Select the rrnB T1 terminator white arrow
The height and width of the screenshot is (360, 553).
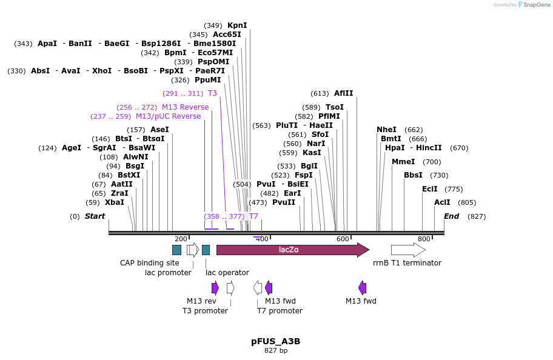tap(407, 250)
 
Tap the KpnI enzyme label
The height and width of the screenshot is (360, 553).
tap(237, 25)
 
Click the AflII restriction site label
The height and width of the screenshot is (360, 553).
tap(343, 93)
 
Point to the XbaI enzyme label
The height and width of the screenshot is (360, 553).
tap(114, 202)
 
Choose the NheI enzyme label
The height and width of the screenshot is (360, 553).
tap(386, 130)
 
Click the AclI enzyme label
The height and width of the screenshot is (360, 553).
tap(442, 202)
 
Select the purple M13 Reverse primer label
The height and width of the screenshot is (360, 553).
tap(185, 107)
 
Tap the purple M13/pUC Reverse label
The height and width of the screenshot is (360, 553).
tap(168, 116)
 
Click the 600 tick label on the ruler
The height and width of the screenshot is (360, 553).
tap(343, 239)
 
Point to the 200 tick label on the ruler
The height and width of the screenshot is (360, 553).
tap(181, 239)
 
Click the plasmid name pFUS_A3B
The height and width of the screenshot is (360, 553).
tap(276, 341)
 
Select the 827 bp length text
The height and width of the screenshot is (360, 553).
tap(276, 351)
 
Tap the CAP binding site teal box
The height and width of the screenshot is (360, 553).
tap(176, 250)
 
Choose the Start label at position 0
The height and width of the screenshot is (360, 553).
tap(95, 216)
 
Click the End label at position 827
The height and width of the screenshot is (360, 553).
tap(451, 216)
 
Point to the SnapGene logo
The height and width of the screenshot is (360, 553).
tap(533, 5)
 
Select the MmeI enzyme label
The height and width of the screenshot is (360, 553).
tap(403, 162)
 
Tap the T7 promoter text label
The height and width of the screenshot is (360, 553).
tap(280, 311)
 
